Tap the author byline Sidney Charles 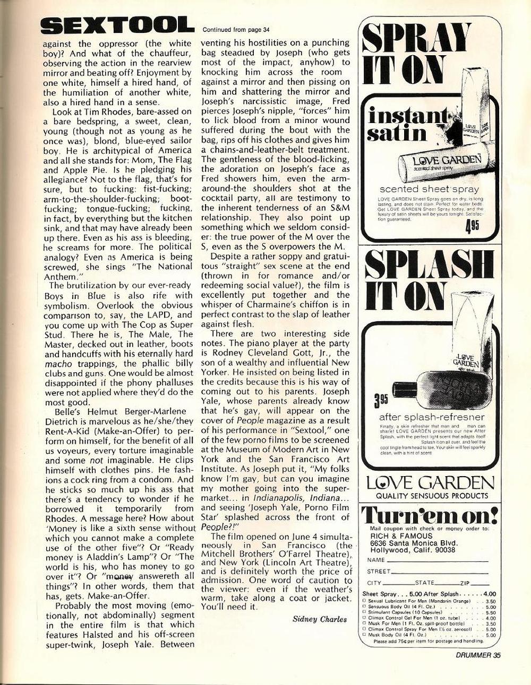coord(319,619)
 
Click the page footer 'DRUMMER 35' coord(474,654)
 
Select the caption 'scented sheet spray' coord(429,189)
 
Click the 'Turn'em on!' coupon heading coord(429,515)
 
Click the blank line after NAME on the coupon coord(436,560)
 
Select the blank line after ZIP coord(478,583)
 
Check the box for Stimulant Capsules coord(364,612)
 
